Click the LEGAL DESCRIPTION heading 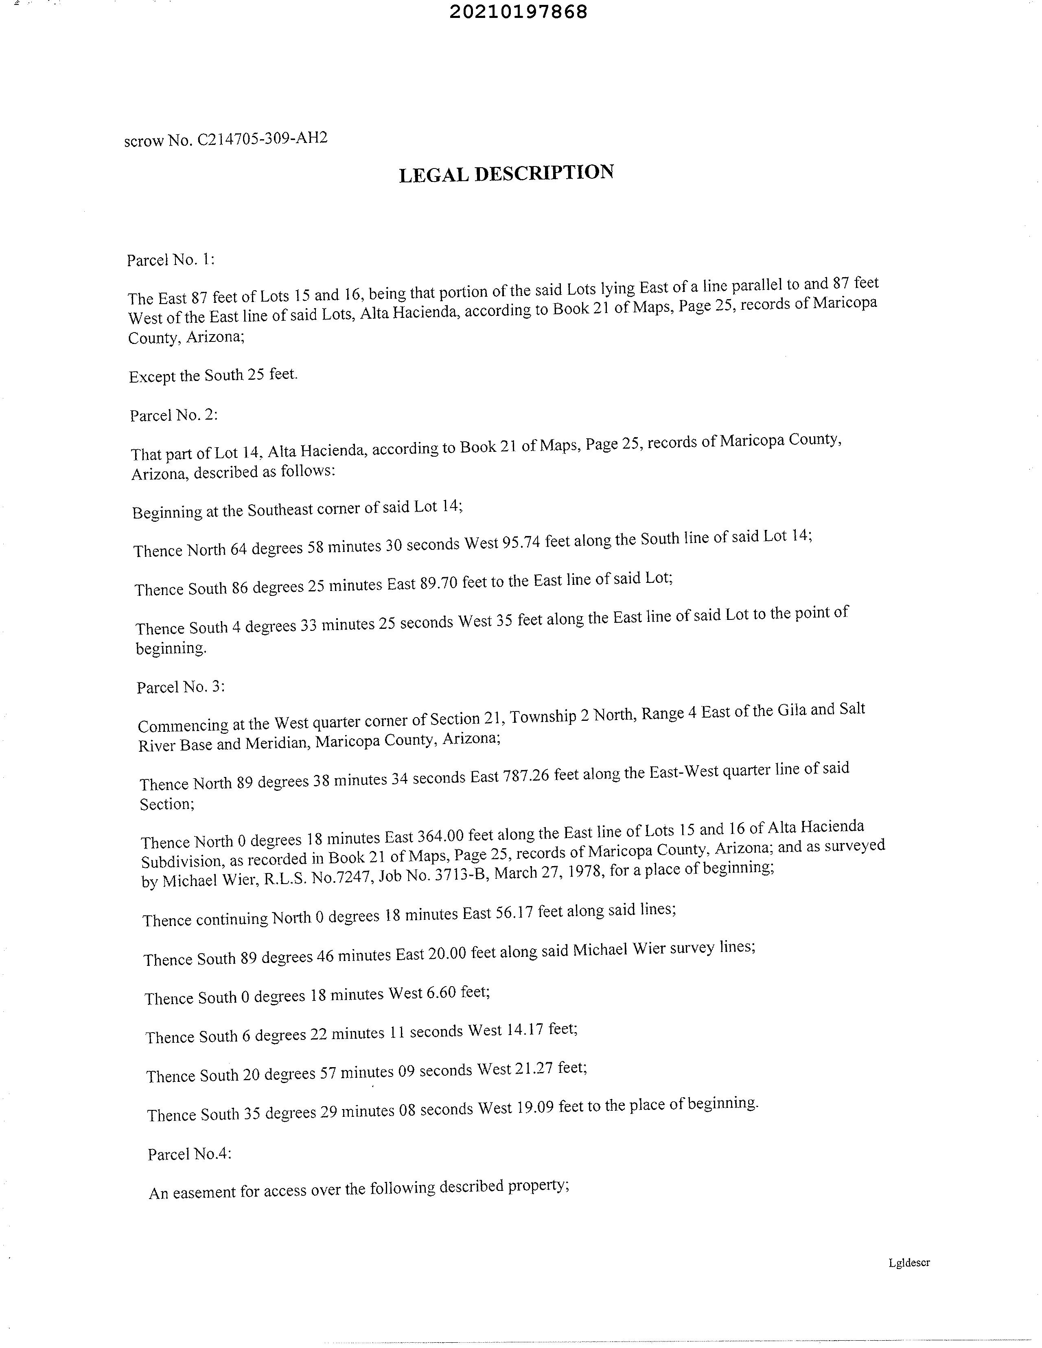pyautogui.click(x=506, y=173)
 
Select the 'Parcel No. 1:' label pyautogui.click(x=171, y=260)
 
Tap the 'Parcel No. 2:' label pyautogui.click(x=173, y=416)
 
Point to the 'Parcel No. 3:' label pyautogui.click(x=180, y=687)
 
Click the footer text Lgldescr pyautogui.click(x=908, y=1262)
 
